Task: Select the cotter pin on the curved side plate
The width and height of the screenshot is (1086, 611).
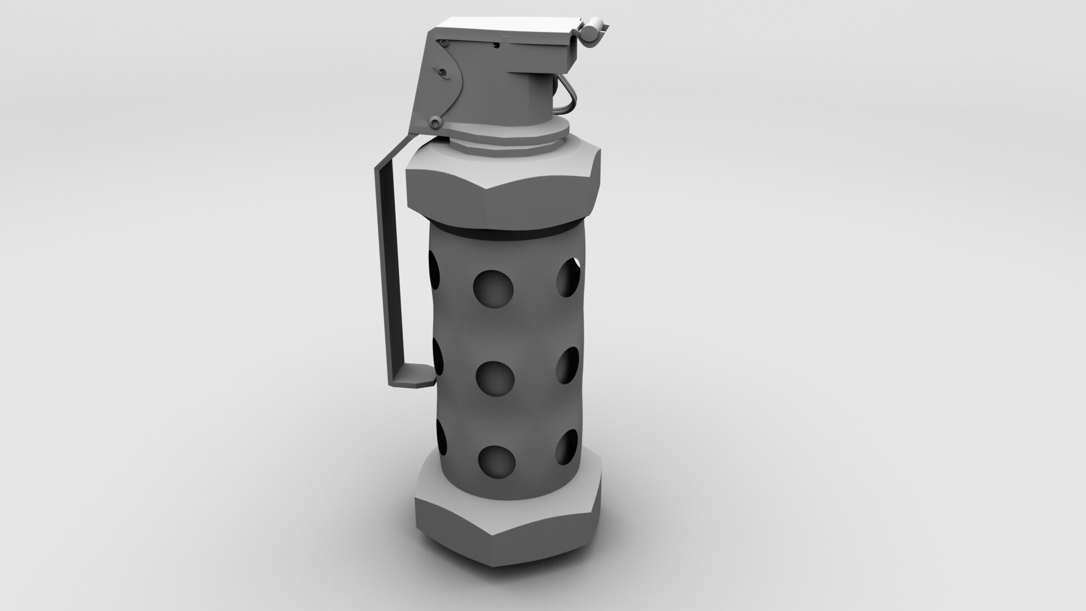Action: pos(439,72)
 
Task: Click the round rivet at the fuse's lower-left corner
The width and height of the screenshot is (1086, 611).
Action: pos(435,121)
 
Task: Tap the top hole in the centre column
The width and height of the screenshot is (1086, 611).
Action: pos(493,290)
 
